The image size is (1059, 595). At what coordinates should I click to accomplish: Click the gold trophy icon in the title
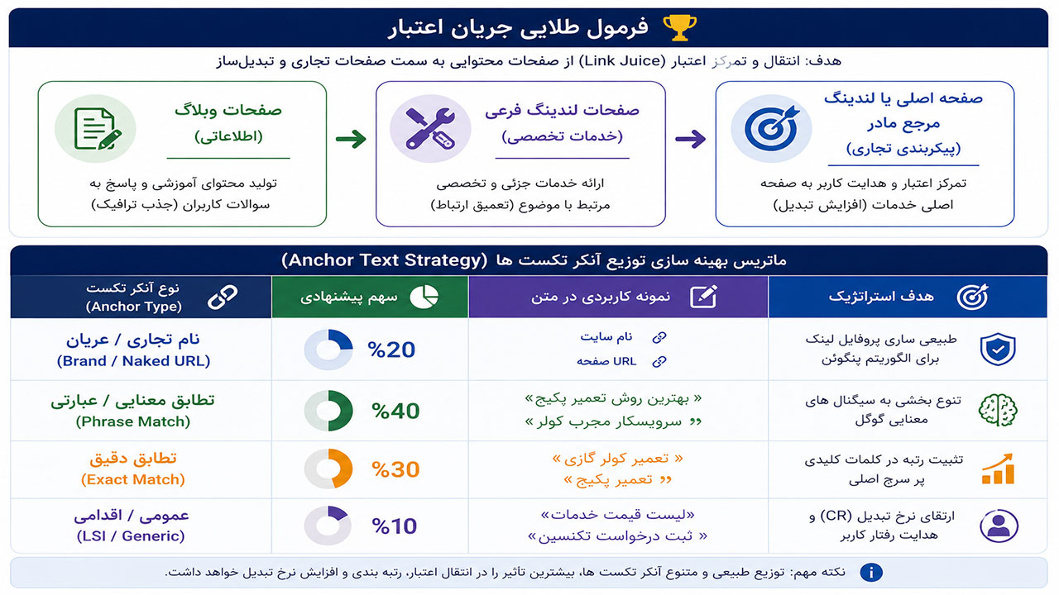point(679,27)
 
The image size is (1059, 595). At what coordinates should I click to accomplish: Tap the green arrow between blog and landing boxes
point(351,139)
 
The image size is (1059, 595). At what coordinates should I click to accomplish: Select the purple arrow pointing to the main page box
point(690,139)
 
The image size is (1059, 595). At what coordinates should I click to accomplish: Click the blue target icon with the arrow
point(772,128)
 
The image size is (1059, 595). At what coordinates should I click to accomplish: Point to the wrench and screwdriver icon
point(430,129)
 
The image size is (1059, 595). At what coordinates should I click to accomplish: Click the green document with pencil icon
point(98,129)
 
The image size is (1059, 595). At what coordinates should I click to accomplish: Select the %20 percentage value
point(391,350)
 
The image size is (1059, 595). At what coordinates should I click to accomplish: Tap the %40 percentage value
point(395,411)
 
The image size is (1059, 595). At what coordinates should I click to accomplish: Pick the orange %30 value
point(395,469)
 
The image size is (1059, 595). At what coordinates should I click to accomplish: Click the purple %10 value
point(394,526)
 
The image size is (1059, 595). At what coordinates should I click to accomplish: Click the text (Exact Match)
point(133,480)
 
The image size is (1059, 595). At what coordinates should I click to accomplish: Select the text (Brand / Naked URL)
point(133,361)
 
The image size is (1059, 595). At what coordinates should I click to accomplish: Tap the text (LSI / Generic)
point(131,536)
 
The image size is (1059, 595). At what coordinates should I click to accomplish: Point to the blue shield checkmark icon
point(998,350)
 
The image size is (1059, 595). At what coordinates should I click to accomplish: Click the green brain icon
point(998,410)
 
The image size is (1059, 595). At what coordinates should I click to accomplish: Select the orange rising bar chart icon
point(998,469)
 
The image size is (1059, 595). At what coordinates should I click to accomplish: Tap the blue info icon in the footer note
point(871,573)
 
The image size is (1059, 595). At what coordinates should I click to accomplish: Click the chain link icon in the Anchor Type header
point(223,297)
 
